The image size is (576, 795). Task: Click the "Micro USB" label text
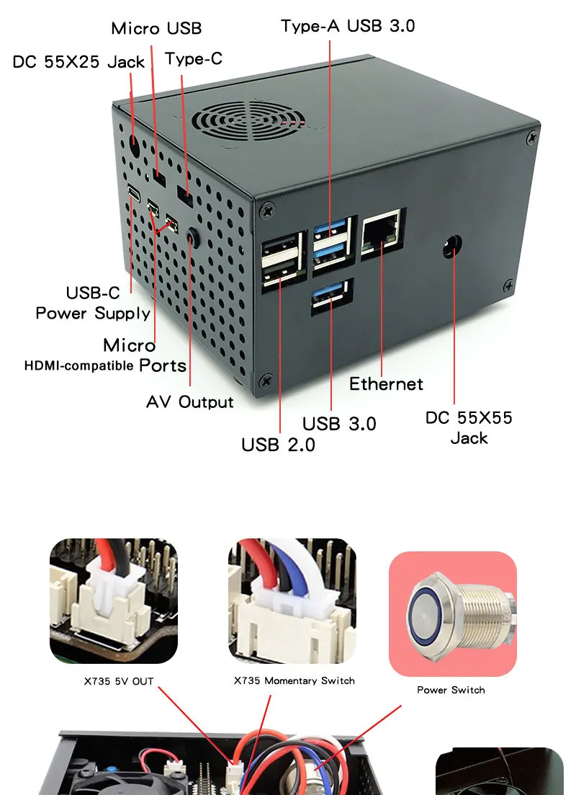click(156, 29)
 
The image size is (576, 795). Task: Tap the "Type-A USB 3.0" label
click(348, 26)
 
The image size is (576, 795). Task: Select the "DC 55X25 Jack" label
click(79, 62)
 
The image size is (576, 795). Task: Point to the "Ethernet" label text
click(386, 384)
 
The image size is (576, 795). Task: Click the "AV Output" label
click(190, 402)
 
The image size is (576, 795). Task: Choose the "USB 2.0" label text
click(278, 445)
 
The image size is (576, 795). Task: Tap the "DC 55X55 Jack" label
click(469, 427)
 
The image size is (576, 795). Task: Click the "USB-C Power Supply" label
click(93, 303)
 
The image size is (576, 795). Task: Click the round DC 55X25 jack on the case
click(134, 146)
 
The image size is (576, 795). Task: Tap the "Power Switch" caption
click(451, 690)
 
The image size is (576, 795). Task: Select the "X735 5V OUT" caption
click(119, 681)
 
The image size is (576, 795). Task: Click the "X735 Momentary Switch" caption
click(294, 680)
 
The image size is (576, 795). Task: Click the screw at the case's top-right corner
click(532, 136)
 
